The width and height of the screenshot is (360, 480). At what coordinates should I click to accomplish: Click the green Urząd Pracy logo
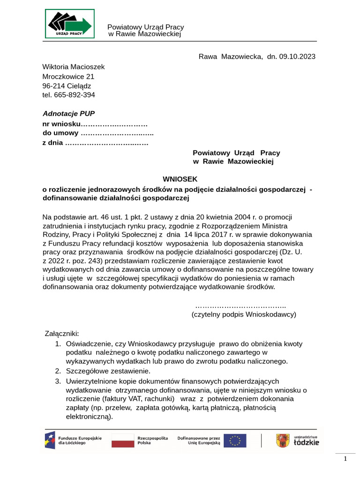(x=70, y=23)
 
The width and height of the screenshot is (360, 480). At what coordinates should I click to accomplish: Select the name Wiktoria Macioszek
(x=74, y=67)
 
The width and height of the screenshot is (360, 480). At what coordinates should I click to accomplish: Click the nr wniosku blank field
(x=114, y=124)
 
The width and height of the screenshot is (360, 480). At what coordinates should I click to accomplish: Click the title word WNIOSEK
(x=180, y=179)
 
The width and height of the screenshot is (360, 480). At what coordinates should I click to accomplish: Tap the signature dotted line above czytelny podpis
(x=240, y=305)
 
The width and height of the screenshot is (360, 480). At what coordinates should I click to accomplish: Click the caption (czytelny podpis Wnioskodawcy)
(x=244, y=314)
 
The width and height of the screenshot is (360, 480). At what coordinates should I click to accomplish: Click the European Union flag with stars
(x=234, y=440)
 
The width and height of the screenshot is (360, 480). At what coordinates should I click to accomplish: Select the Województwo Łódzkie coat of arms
(x=282, y=440)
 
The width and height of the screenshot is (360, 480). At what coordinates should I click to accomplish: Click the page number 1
(x=345, y=459)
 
